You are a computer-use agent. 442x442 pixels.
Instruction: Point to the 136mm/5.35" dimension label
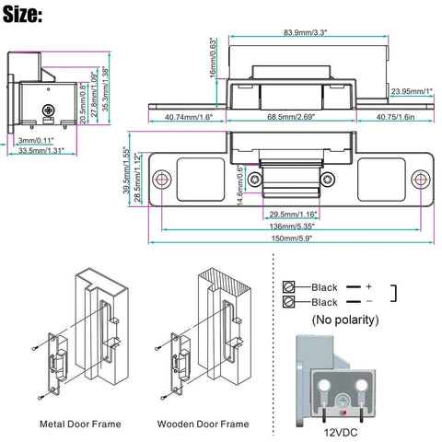coord(287,224)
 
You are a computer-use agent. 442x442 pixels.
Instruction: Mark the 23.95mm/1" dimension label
coord(411,91)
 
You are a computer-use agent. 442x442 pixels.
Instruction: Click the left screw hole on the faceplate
coord(162,178)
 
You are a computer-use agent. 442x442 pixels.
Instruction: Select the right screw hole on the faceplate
coord(420,178)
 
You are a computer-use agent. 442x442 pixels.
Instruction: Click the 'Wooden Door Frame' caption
coord(203,425)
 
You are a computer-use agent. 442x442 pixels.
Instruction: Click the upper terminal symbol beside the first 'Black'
coord(289,286)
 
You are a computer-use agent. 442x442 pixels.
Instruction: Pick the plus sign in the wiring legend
coord(367,286)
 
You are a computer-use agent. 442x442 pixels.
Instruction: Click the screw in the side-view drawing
coord(49,110)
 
